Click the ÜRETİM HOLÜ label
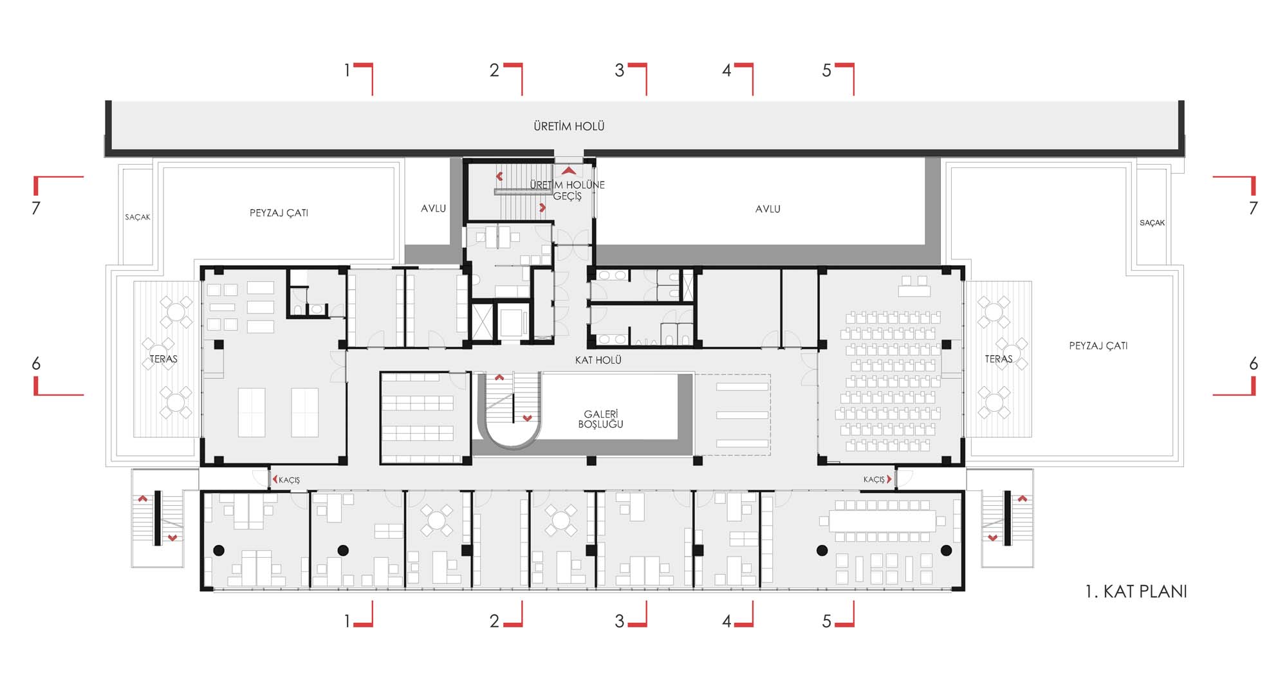(569, 126)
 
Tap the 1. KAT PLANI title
(1136, 591)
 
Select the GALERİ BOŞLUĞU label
(600, 419)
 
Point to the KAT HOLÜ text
(598, 360)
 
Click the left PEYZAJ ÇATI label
(279, 213)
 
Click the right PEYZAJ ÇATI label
(1098, 346)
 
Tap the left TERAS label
(163, 359)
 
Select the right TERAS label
(999, 359)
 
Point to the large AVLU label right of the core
(768, 209)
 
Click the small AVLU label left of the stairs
(433, 208)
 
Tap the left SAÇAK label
(138, 217)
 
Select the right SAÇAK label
(1152, 223)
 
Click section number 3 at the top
(619, 70)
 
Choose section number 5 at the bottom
(827, 621)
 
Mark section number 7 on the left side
(36, 208)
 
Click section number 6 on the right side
(1254, 364)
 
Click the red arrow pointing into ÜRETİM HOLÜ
(568, 171)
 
